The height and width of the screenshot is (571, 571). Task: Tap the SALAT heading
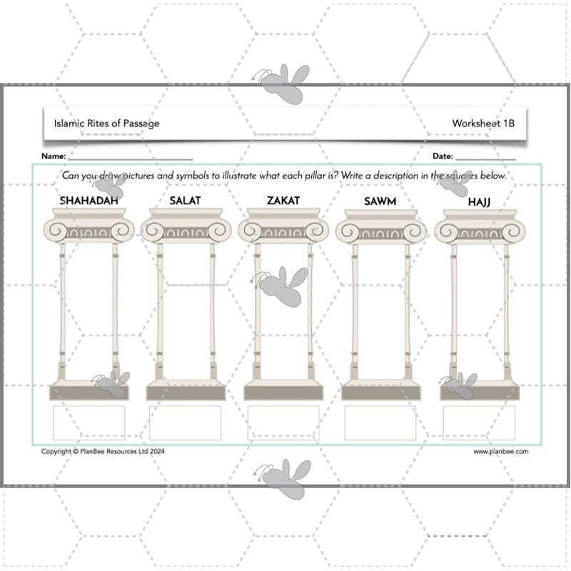[185, 201]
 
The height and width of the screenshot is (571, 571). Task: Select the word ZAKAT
[283, 201]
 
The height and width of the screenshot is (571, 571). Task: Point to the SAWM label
[380, 201]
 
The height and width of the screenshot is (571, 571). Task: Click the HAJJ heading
[479, 202]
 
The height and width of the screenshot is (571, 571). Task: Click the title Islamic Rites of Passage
[106, 123]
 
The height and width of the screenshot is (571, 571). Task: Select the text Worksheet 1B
[483, 123]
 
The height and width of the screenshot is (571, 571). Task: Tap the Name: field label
[54, 156]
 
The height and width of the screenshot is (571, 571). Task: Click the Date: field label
[443, 156]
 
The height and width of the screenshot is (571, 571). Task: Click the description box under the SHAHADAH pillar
[89, 423]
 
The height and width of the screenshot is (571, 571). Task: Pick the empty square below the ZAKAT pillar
[283, 423]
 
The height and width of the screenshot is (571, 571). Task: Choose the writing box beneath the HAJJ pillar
[479, 423]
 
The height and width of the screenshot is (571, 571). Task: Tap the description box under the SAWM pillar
[380, 423]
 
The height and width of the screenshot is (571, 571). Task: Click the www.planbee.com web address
[500, 451]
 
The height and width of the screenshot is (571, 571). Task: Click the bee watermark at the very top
[283, 83]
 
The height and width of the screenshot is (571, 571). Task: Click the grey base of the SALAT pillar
[186, 393]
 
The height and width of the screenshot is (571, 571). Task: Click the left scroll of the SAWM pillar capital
[348, 231]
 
